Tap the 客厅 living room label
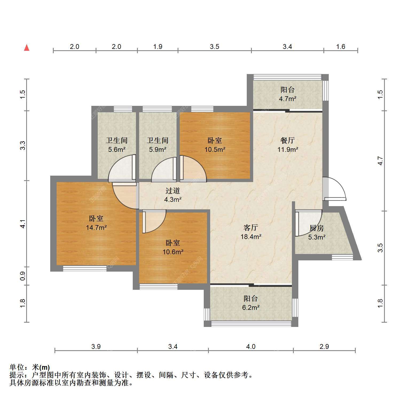(251, 228)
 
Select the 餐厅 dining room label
(288, 140)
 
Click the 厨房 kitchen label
(317, 228)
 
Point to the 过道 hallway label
(173, 191)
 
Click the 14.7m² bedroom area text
(96, 228)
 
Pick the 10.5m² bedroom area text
(215, 149)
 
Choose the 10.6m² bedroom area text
(173, 252)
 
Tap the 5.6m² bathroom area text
(117, 149)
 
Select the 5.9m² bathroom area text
(158, 149)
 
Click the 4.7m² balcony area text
(288, 99)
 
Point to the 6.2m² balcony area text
(251, 307)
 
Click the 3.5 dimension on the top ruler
(214, 47)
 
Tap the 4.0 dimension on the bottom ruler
(251, 346)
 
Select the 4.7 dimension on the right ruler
(380, 161)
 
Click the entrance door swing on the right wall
(334, 189)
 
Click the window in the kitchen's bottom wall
(342, 257)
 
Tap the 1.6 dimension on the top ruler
(341, 47)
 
